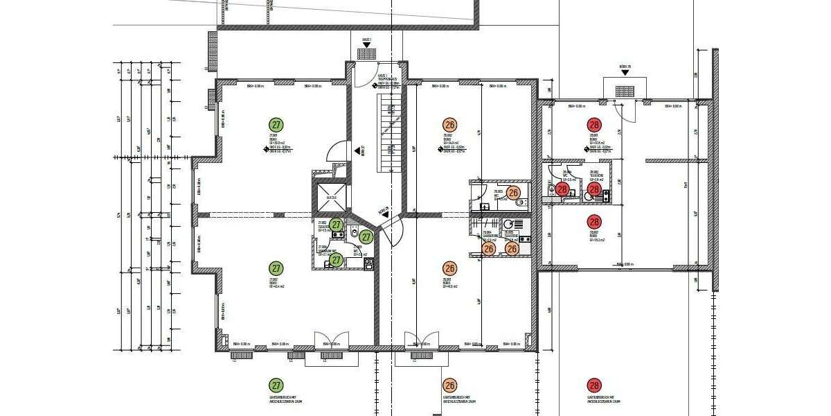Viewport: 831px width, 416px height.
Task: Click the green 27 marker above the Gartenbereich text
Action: [x=276, y=385]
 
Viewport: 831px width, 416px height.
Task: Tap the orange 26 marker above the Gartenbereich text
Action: [x=450, y=385]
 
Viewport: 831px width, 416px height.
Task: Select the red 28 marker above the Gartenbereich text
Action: [x=593, y=385]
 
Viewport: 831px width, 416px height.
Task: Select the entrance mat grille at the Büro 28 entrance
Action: [x=624, y=89]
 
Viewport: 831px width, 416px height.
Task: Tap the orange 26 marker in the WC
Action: [x=513, y=193]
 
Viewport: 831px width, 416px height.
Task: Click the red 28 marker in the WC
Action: [x=562, y=189]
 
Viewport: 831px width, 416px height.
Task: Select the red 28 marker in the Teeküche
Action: [x=593, y=189]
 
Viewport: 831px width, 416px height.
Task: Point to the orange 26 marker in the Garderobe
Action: [x=488, y=248]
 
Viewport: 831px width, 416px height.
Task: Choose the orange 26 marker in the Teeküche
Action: [x=512, y=248]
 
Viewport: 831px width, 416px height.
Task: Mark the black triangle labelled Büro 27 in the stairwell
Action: [x=359, y=149]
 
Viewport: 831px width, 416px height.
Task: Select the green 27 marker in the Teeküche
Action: [x=336, y=225]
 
